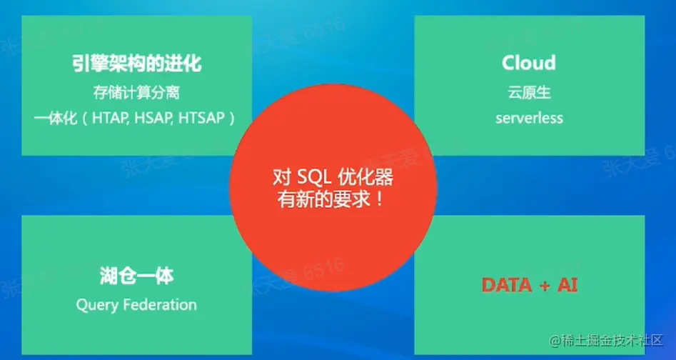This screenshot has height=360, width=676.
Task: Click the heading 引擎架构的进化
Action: pyautogui.click(x=136, y=63)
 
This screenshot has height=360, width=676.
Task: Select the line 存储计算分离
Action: pyautogui.click(x=136, y=93)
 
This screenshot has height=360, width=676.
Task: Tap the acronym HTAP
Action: pyautogui.click(x=111, y=118)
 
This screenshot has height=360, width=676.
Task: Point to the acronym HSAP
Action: pyautogui.click(x=153, y=118)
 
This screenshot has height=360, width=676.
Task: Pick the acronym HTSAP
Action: pyautogui.click(x=201, y=118)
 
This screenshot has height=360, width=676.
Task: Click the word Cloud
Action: pyautogui.click(x=528, y=64)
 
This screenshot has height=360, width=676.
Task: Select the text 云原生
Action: pyautogui.click(x=529, y=93)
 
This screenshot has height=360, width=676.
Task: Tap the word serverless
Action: pyautogui.click(x=529, y=118)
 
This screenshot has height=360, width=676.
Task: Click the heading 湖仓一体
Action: pyautogui.click(x=136, y=276)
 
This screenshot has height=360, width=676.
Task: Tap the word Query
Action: pyautogui.click(x=97, y=305)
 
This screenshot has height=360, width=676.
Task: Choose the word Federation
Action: pyautogui.click(x=160, y=305)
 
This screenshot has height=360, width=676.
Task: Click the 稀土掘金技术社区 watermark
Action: pyautogui.click(x=605, y=340)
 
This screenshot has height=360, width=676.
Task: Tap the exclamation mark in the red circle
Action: pyautogui.click(x=379, y=199)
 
